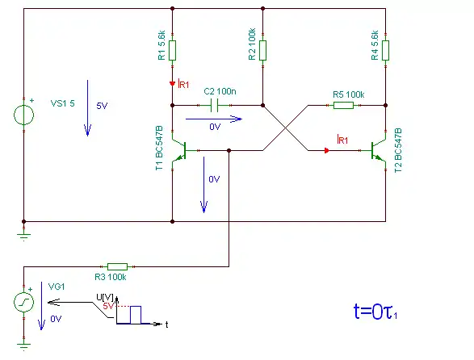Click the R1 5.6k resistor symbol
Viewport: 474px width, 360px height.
172,50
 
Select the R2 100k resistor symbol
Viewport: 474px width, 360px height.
262,50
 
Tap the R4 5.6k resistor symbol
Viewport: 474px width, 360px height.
385,50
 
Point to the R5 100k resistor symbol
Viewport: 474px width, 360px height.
343,105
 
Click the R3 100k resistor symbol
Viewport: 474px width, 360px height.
117,266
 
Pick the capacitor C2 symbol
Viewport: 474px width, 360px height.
214,105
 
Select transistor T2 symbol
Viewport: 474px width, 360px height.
379,150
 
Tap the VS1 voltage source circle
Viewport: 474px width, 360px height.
24,115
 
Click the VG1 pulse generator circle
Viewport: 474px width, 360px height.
24,302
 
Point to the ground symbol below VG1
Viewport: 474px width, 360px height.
24,346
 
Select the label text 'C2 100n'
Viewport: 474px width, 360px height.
220,91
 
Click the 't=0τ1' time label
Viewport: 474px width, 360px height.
375,312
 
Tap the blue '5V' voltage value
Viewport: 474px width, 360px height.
102,106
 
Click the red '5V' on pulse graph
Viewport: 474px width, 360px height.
108,306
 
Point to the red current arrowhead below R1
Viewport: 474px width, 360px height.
172,83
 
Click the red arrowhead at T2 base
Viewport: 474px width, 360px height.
327,150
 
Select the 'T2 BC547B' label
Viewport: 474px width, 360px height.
398,150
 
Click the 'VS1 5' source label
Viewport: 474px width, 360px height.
62,103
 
